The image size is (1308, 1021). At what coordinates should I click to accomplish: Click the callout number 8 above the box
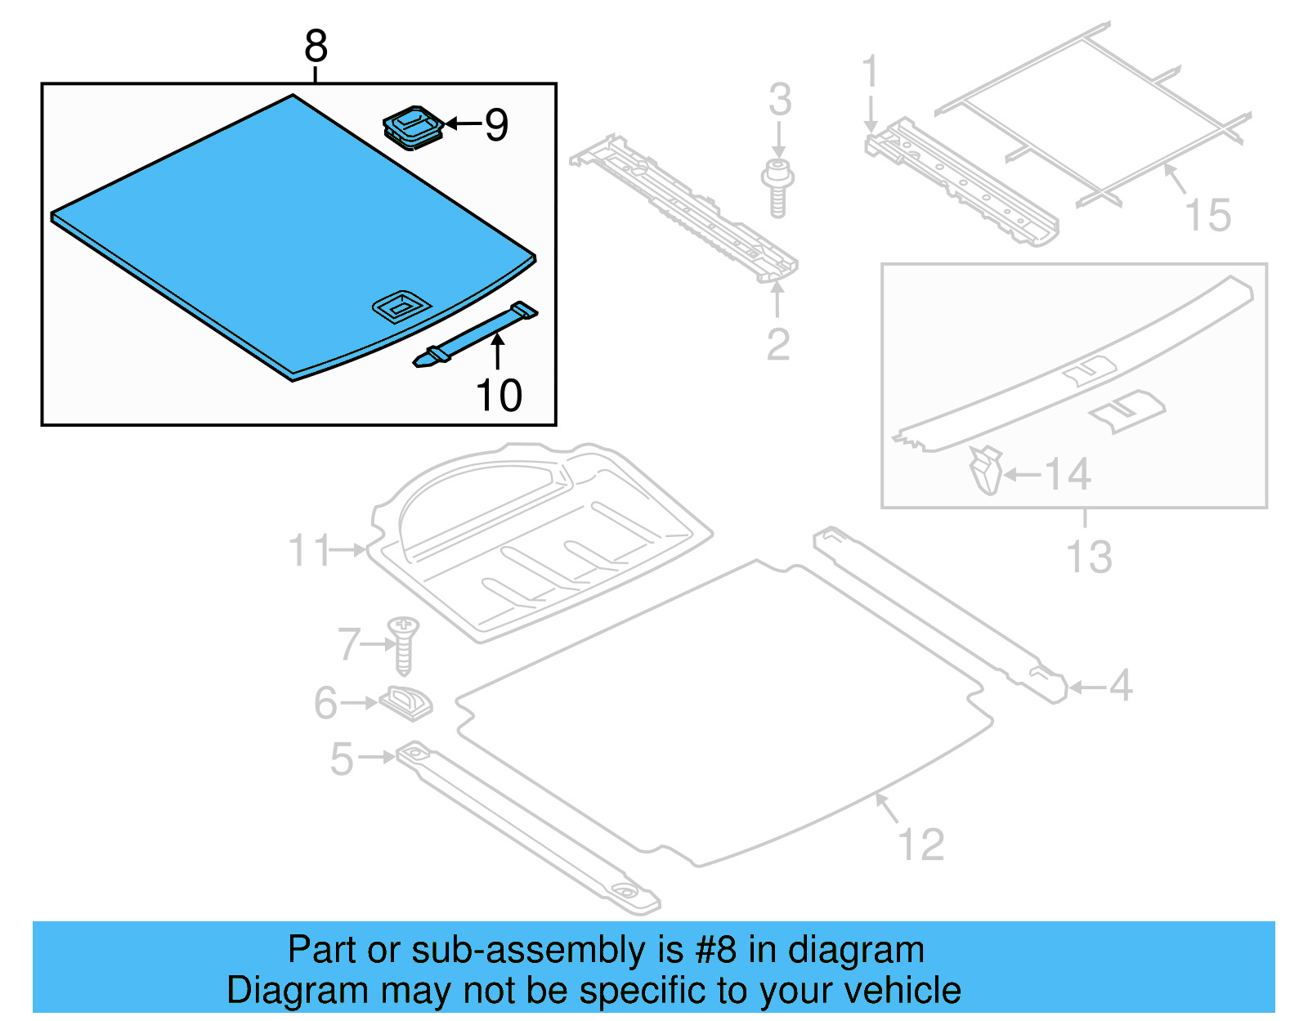point(316,47)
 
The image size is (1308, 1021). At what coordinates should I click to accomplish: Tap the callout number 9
point(496,125)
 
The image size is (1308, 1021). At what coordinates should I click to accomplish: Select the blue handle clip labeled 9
point(414,127)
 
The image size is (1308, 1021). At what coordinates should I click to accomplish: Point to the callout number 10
point(499,396)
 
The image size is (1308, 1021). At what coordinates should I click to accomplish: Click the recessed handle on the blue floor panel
point(401,307)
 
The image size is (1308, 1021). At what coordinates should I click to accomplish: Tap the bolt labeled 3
point(777,188)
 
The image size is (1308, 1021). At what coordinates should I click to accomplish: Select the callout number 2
point(777,344)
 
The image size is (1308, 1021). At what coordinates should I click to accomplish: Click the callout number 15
point(1207,216)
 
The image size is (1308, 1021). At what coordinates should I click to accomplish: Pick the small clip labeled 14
point(987,471)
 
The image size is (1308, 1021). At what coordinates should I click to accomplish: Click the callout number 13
point(1089,558)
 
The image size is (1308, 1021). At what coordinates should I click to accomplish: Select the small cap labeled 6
point(406,702)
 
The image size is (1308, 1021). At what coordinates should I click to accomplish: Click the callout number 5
point(342,759)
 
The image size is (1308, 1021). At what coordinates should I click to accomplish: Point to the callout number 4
point(1121,686)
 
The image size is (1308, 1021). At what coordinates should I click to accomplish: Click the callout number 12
point(921,844)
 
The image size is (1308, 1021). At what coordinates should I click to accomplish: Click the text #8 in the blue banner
point(715,951)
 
